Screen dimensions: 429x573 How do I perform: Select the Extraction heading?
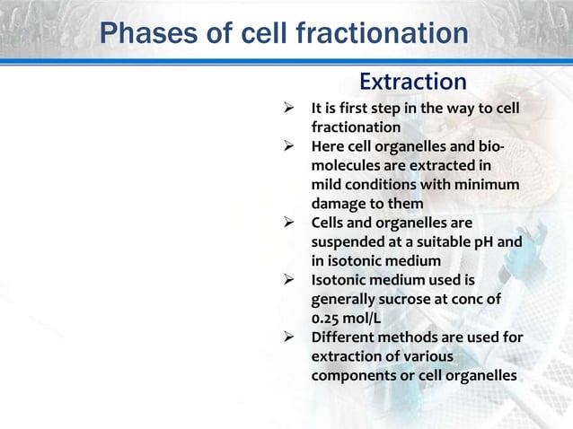coord(412,82)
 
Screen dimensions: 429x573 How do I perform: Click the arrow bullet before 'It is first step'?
coord(289,109)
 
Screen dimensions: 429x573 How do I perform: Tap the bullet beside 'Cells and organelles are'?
coord(289,223)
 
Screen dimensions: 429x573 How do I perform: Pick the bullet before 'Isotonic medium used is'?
coord(289,280)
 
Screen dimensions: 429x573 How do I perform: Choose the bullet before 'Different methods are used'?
coord(289,337)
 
